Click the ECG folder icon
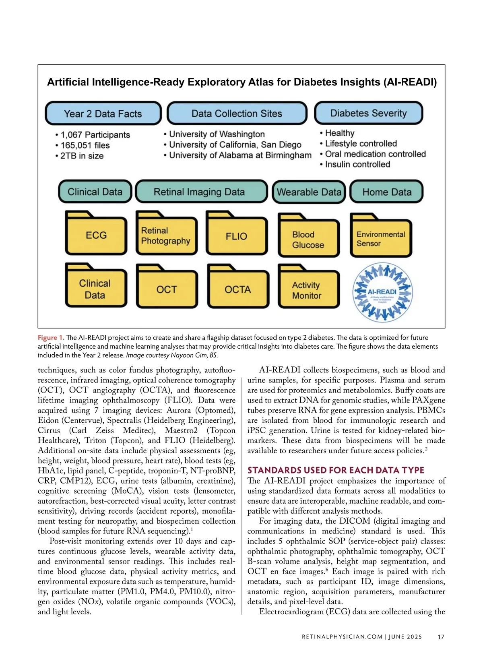pyautogui.click(x=96, y=235)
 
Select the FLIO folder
pyautogui.click(x=237, y=236)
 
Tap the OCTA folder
pyautogui.click(x=238, y=288)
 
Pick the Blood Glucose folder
pyautogui.click(x=308, y=239)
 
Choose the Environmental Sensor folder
pyautogui.click(x=381, y=238)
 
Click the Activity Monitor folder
pyautogui.click(x=308, y=289)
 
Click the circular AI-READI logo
pyautogui.click(x=382, y=292)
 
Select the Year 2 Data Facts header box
pyautogui.click(x=103, y=114)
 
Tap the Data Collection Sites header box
pyautogui.click(x=237, y=114)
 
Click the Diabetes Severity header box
pyautogui.click(x=369, y=113)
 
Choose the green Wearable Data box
pyautogui.click(x=309, y=192)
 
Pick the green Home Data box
pyautogui.click(x=387, y=192)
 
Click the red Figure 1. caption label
pyautogui.click(x=51, y=338)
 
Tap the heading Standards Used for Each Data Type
pyautogui.click(x=336, y=470)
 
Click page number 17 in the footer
pyautogui.click(x=441, y=637)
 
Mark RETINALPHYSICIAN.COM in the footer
pyautogui.click(x=342, y=637)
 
